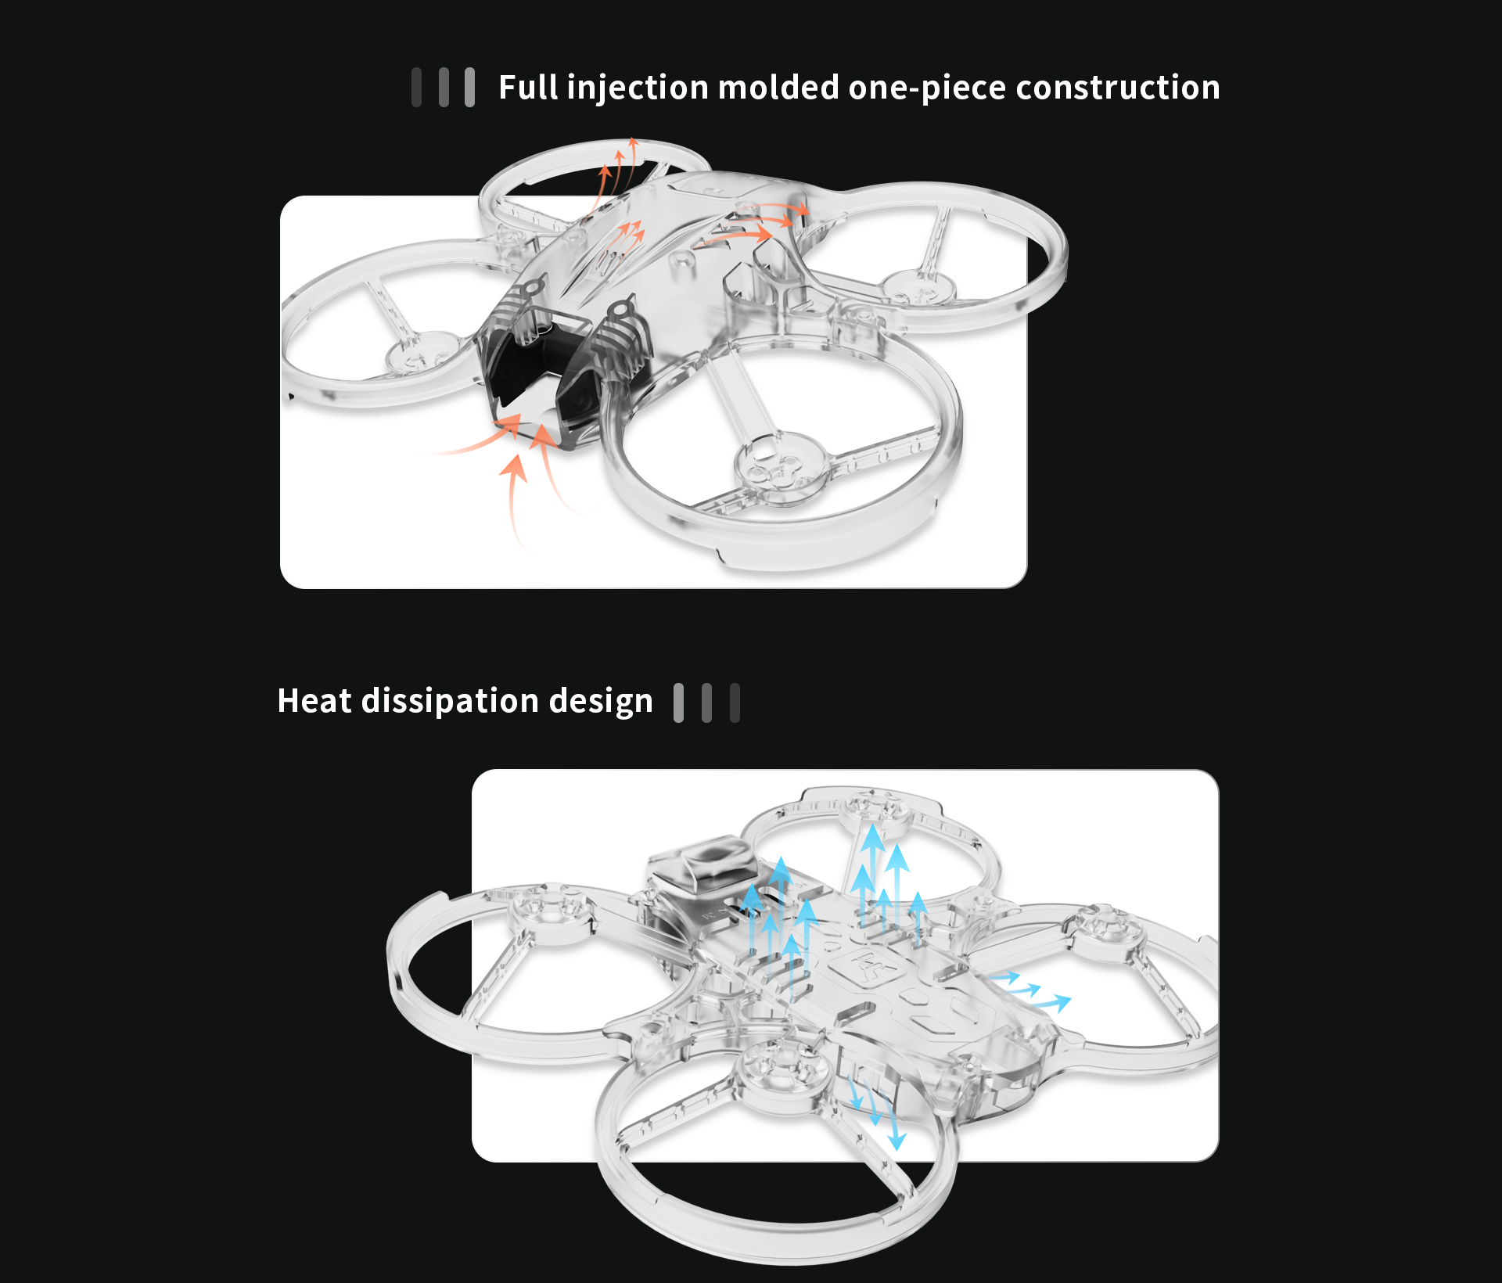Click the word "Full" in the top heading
tap(529, 87)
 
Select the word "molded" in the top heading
tap(778, 87)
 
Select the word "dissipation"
tap(450, 702)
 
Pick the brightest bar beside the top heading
tap(469, 87)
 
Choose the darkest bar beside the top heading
tap(417, 87)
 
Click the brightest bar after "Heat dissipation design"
tap(679, 703)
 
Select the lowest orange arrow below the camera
tap(515, 501)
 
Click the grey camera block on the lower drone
tap(704, 868)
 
